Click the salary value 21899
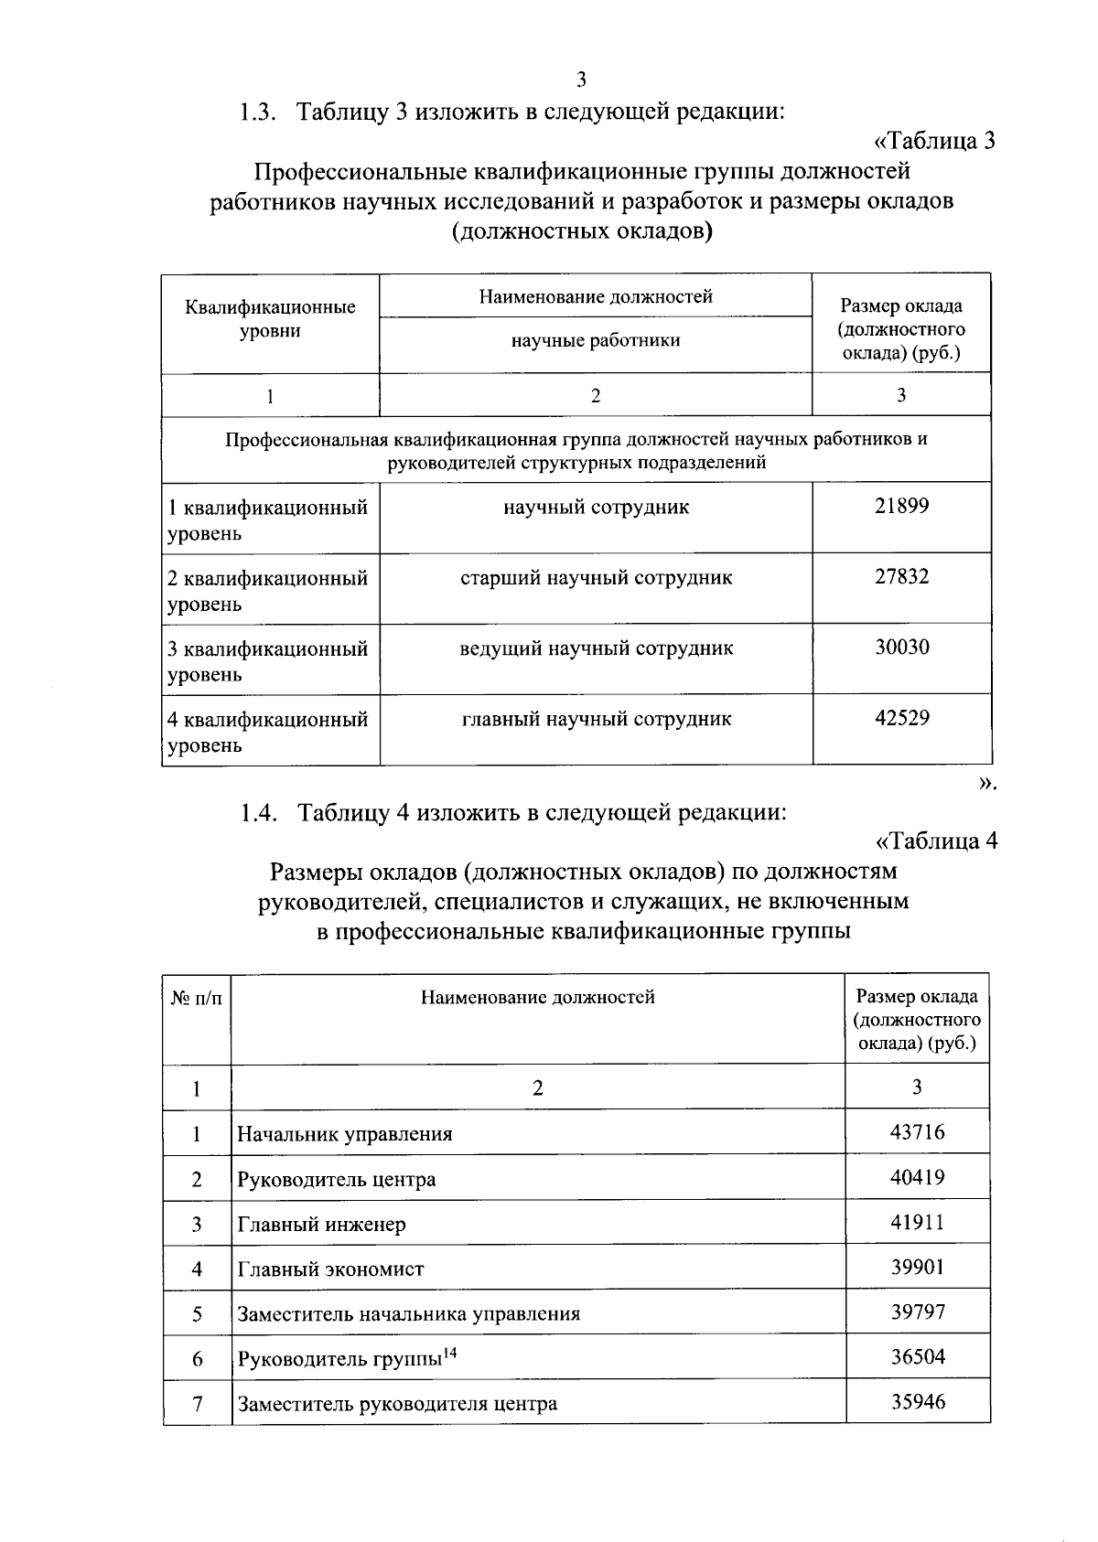(x=901, y=506)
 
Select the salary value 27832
(x=901, y=577)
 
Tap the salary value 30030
(x=901, y=648)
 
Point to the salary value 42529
(x=901, y=718)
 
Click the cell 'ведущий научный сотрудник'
(x=596, y=648)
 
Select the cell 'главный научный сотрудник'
(x=596, y=719)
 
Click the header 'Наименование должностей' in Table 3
(x=596, y=296)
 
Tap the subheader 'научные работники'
(x=596, y=340)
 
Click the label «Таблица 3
(x=934, y=142)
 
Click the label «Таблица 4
(x=934, y=841)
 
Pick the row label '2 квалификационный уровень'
(x=267, y=590)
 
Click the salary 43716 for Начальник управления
(x=917, y=1132)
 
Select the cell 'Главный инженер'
(x=321, y=1224)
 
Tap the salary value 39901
(x=917, y=1268)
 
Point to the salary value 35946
(x=917, y=1402)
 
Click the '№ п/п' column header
(x=197, y=998)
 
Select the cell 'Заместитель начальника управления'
(x=408, y=1314)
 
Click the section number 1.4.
(x=259, y=812)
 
